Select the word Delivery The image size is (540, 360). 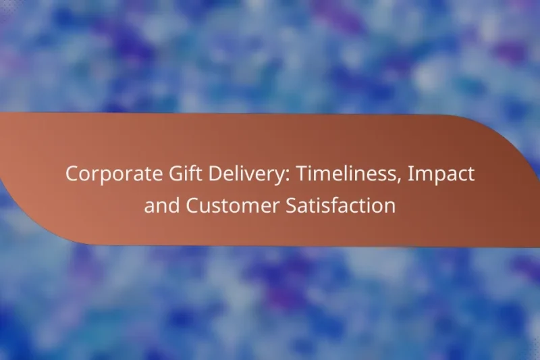(x=227, y=174)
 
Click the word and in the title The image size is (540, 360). (x=159, y=205)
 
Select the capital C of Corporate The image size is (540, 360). (x=71, y=174)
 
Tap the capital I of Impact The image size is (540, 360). (x=413, y=174)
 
